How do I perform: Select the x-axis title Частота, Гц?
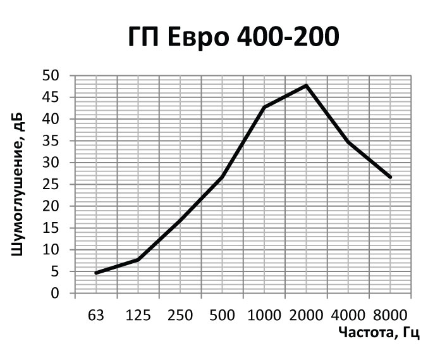[378, 333]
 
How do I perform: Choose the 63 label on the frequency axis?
[96, 314]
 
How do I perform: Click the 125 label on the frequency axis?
[138, 314]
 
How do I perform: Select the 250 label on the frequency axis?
[180, 314]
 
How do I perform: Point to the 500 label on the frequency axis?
[222, 314]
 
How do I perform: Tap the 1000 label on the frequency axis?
[264, 314]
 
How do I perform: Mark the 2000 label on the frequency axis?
[307, 314]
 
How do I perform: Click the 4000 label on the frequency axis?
[348, 314]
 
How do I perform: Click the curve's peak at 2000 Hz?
[307, 85]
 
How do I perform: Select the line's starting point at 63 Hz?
[96, 273]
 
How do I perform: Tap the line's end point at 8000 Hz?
[391, 177]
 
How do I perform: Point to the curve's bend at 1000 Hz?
[264, 107]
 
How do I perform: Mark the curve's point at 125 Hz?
[138, 259]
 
